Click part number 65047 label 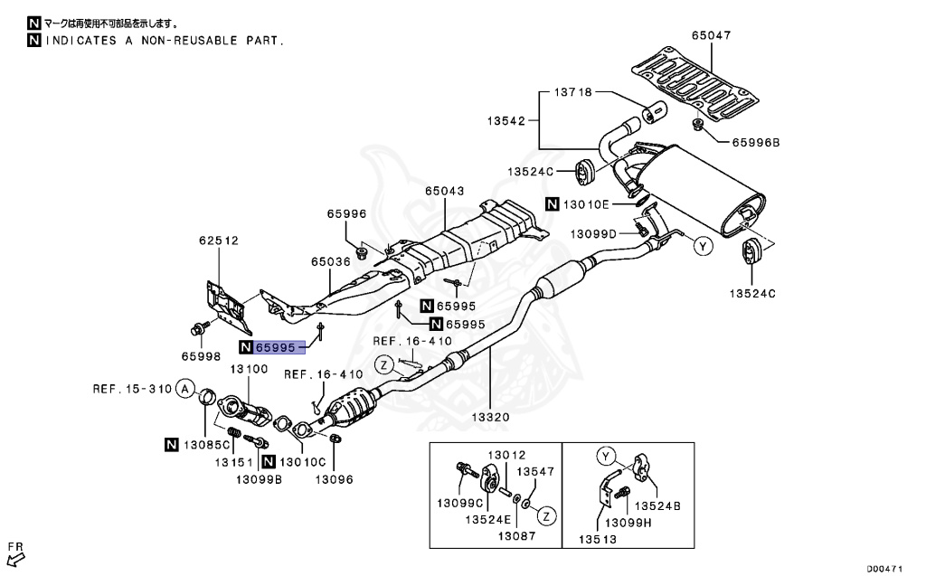[711, 36]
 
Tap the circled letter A [184, 390]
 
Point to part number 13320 [489, 418]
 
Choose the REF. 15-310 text [132, 390]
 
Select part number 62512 [218, 241]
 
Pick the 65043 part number [445, 192]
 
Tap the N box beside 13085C [172, 443]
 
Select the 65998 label [201, 356]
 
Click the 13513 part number [598, 540]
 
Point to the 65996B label [755, 143]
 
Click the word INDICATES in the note [82, 41]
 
